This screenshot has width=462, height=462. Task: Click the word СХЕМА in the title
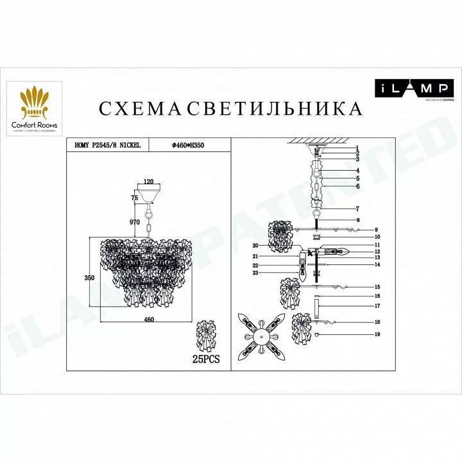[139, 108]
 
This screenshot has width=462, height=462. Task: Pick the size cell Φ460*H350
[192, 146]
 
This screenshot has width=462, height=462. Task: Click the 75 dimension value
[134, 198]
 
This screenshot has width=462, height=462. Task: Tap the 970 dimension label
[134, 221]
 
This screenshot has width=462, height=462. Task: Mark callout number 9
[378, 229]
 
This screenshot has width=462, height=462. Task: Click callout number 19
[378, 335]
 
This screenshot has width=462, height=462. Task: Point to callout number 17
[378, 306]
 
